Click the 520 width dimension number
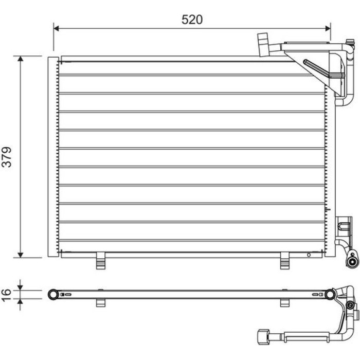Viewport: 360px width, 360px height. (192, 20)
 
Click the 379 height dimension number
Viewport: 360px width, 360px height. (7, 157)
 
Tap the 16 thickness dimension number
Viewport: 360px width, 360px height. (6, 295)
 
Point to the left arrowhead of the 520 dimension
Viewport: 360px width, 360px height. (56, 28)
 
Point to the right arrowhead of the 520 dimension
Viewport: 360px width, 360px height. (328, 28)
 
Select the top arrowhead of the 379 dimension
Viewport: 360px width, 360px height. (21, 59)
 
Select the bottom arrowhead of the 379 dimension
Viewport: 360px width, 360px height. (21, 255)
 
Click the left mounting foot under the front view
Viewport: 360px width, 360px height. (101, 261)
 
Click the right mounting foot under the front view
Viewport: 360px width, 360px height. (285, 261)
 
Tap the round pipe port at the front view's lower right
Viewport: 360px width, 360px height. (352, 261)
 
